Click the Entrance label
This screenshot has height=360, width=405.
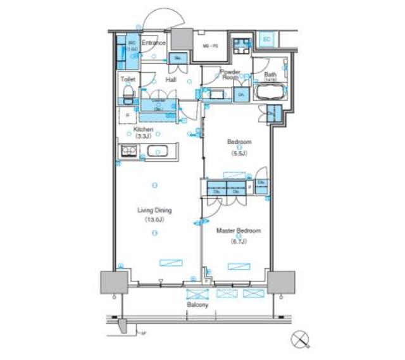(153, 43)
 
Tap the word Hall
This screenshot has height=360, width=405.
(171, 80)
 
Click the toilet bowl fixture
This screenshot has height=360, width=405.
(127, 94)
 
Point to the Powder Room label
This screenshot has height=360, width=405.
(229, 74)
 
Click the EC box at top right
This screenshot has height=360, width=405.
(266, 39)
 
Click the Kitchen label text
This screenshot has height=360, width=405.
(144, 129)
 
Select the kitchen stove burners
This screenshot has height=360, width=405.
(129, 151)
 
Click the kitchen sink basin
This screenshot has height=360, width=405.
(157, 152)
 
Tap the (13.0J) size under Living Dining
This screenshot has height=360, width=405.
(154, 220)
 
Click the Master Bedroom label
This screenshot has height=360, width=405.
(238, 231)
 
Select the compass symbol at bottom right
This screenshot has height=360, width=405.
(300, 340)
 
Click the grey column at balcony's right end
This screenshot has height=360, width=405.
(280, 282)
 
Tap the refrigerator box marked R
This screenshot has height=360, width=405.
(128, 115)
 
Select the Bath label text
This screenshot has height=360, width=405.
(270, 74)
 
